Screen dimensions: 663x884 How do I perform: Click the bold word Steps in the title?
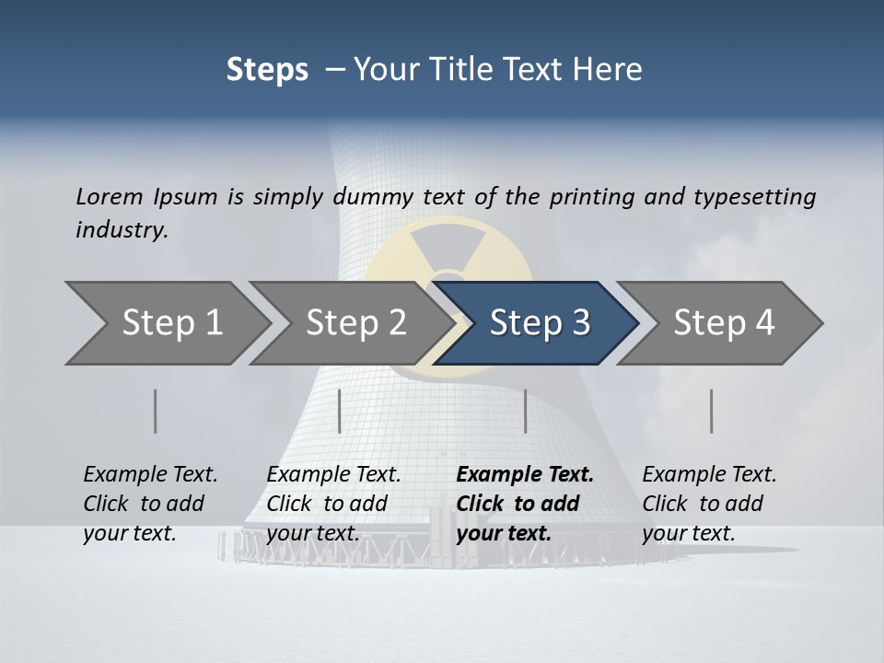point(267,70)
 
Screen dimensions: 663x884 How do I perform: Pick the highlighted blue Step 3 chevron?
point(540,323)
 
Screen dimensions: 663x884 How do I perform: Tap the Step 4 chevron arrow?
point(724,323)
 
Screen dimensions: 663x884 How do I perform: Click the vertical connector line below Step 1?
point(156,411)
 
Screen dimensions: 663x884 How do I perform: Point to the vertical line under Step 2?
point(340,411)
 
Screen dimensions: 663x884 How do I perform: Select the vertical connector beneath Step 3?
point(525,411)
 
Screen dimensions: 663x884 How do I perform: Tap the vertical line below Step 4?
point(712,411)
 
